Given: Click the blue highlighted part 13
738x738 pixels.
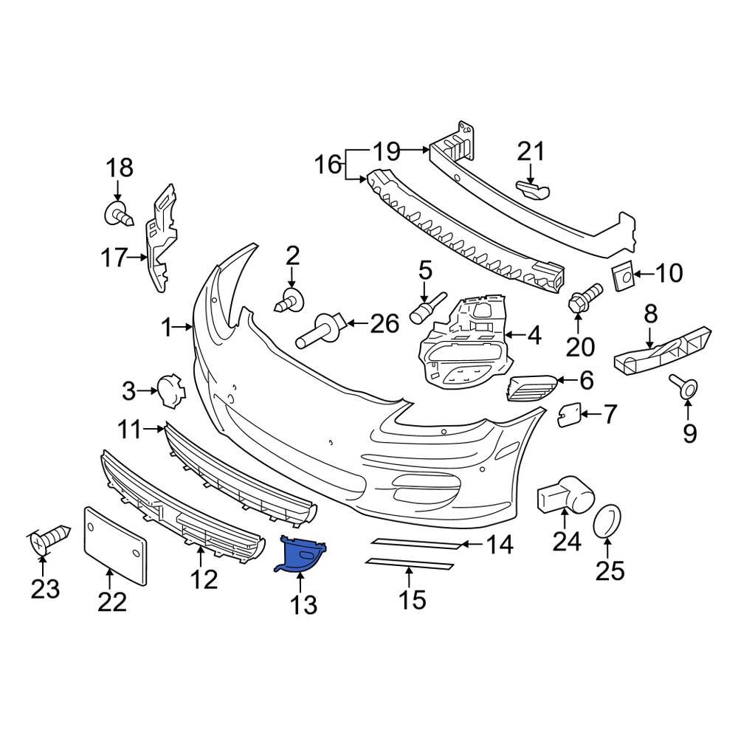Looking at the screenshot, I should coord(302,553).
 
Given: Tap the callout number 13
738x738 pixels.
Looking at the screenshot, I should coord(303,604).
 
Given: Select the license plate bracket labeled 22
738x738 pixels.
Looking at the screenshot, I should coord(114,542).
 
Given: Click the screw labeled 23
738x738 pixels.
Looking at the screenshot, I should coord(49,539).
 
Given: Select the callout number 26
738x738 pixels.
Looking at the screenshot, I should coord(384,323).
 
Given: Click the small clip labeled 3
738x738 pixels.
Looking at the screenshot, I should coord(169,390).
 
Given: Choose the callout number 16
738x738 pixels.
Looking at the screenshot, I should coord(329,164).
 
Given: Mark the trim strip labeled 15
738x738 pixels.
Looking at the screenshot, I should coord(410,566).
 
